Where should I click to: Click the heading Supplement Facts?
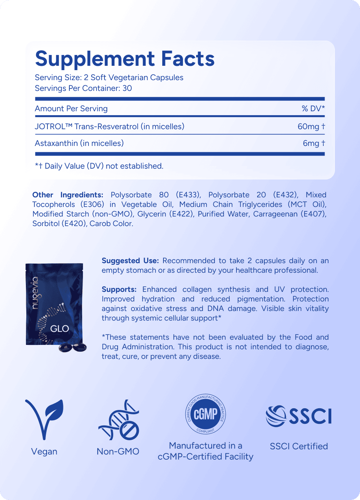[125, 59]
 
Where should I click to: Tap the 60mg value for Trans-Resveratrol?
[309, 126]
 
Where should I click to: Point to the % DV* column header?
[313, 108]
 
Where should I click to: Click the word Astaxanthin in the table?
[56, 143]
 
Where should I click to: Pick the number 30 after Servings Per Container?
[127, 88]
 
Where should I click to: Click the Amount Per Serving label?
[71, 108]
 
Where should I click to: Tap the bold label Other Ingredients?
[67, 195]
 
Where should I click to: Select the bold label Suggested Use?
[130, 261]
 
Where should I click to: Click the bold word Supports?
[119, 289]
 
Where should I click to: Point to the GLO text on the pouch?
[60, 329]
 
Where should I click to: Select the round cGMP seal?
[205, 415]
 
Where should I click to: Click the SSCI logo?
[299, 415]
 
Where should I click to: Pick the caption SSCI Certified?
[299, 446]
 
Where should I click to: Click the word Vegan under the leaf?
[44, 451]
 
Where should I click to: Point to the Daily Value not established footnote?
[99, 166]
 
